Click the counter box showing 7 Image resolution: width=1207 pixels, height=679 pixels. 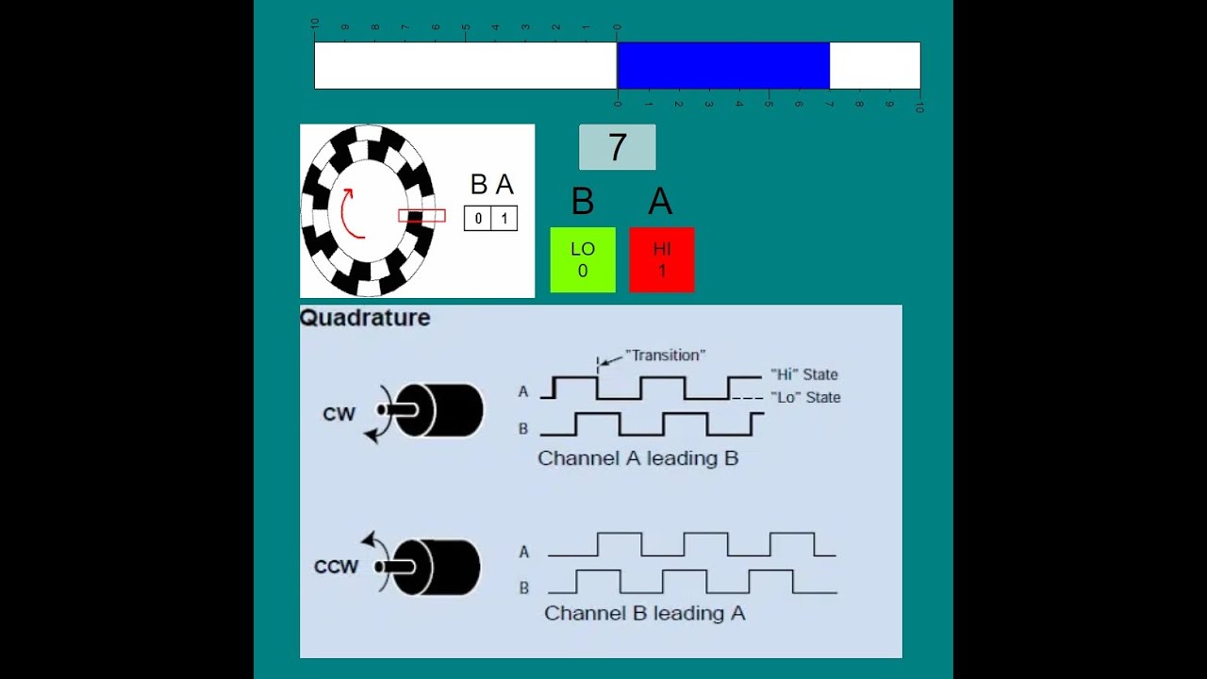[x=618, y=147]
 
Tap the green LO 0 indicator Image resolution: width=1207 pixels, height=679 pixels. [x=583, y=259]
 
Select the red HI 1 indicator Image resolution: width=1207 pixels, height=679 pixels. [x=662, y=259]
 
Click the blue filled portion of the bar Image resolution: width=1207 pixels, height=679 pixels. [x=723, y=65]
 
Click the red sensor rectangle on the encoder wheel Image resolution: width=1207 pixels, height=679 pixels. [x=422, y=216]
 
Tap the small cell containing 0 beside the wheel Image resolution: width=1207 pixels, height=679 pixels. [x=478, y=218]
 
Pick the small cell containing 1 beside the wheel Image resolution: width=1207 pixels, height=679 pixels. [x=504, y=218]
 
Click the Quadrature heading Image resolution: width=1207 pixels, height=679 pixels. [x=365, y=318]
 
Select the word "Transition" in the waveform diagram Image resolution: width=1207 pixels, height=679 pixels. [x=666, y=356]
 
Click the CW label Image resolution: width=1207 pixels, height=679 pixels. [x=339, y=414]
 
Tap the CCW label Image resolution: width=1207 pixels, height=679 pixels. [x=337, y=567]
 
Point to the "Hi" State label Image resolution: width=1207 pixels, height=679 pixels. [x=804, y=374]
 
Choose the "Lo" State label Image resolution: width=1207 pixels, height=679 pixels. [x=805, y=397]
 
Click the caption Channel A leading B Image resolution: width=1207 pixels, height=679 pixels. [x=638, y=458]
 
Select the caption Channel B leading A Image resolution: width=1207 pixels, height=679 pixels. [x=645, y=613]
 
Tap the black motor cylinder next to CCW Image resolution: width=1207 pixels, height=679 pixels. [x=436, y=567]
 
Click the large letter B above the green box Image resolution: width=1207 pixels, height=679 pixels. [x=583, y=202]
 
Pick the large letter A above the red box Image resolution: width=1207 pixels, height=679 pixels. [x=660, y=202]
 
